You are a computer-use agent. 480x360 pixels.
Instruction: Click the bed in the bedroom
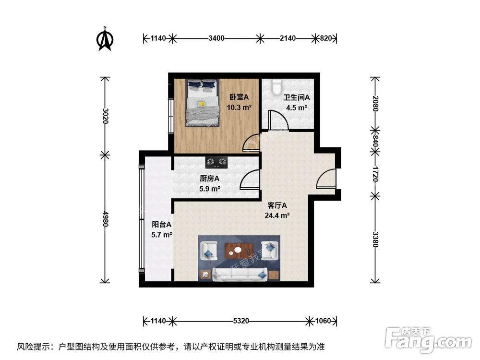(202, 103)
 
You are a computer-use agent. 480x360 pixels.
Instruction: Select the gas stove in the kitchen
(216, 162)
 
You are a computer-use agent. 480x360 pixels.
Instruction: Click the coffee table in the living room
(239, 249)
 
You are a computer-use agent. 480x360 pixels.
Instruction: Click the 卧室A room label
(239, 97)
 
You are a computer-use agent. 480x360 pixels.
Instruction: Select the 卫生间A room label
(296, 97)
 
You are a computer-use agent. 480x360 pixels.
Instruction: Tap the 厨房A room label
(210, 179)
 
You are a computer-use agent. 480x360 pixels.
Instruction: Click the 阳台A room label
(162, 224)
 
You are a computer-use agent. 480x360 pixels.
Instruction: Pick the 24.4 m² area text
(276, 215)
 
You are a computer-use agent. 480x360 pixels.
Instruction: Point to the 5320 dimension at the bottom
(243, 321)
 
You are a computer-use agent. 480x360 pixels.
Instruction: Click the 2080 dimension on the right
(375, 103)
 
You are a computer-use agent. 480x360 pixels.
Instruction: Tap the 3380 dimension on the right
(375, 239)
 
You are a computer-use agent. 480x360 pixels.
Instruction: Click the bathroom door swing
(277, 120)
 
